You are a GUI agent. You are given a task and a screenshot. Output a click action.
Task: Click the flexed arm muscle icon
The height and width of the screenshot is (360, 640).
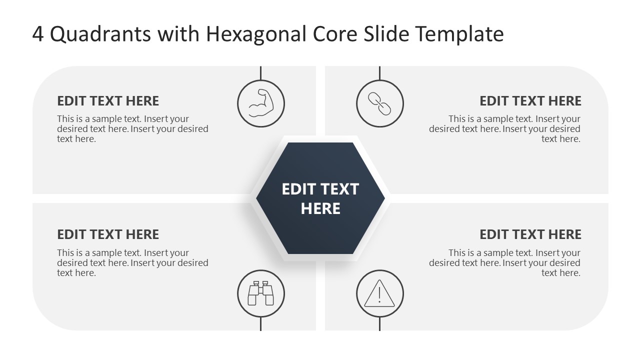click(260, 104)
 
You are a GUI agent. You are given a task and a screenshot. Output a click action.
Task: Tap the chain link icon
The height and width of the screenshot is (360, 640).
click(379, 104)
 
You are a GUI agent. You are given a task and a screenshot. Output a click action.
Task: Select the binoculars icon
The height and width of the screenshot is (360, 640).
click(260, 293)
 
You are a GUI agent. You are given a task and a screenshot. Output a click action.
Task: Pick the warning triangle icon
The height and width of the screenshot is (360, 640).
click(379, 293)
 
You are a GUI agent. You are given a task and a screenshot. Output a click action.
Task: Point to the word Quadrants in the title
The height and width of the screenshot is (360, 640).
click(100, 34)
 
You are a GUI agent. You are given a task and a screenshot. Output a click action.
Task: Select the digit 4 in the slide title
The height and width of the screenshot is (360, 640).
click(38, 34)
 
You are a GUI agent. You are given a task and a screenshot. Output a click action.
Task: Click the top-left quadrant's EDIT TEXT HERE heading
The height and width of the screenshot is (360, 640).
click(108, 101)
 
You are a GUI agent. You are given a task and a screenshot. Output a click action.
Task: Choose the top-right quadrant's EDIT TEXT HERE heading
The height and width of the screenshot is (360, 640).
click(530, 101)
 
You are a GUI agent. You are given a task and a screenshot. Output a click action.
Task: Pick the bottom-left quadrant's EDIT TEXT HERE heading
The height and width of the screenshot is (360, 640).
click(108, 234)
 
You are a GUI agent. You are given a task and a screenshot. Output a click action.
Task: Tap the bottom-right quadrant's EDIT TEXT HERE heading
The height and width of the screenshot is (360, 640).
click(530, 234)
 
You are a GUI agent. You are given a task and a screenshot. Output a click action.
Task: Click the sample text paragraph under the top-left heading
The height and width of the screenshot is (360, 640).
click(132, 129)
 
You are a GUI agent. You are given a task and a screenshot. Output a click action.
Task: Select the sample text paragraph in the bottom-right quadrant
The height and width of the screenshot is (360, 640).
click(504, 263)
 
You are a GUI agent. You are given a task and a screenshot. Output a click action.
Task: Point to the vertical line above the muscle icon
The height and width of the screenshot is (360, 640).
click(260, 73)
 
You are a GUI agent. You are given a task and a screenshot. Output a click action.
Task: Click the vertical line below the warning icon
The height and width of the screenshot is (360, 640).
click(379, 324)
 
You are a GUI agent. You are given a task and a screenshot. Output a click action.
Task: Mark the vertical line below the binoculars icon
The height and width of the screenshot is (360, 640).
click(260, 324)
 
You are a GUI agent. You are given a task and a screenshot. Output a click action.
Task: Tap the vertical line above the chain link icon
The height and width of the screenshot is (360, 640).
click(379, 73)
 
